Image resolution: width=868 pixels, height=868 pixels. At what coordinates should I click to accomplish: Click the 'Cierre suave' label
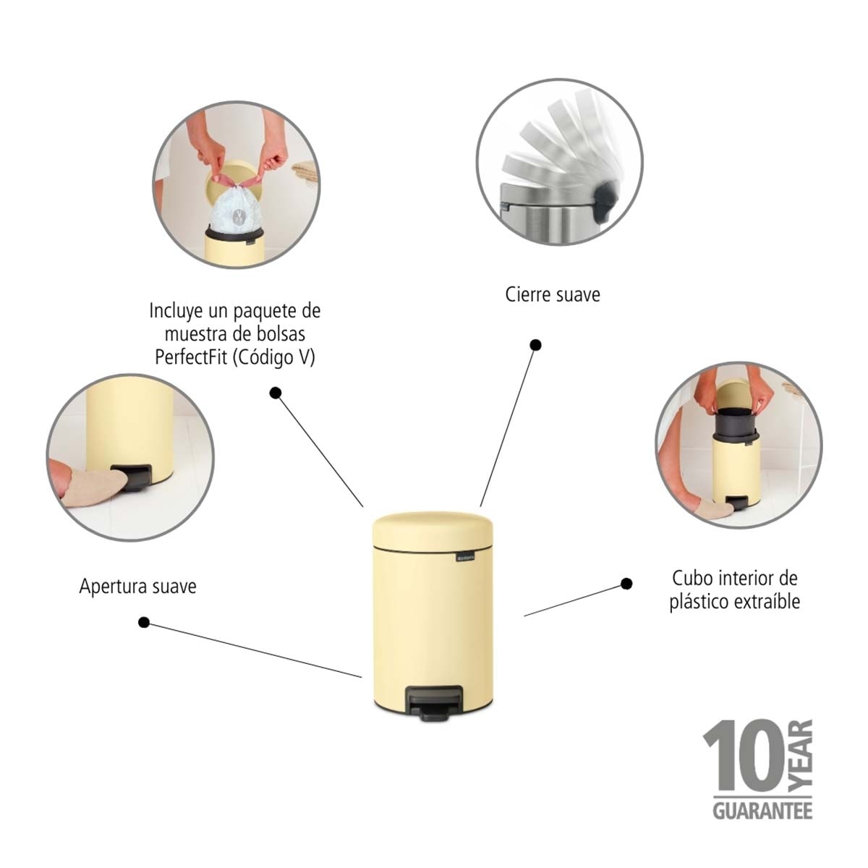tap(553, 294)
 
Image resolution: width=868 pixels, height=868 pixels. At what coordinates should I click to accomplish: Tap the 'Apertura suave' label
tap(138, 587)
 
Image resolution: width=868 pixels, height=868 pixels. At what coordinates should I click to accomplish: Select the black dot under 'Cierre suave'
tap(535, 345)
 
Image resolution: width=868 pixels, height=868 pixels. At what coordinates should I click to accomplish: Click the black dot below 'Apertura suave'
tap(144, 623)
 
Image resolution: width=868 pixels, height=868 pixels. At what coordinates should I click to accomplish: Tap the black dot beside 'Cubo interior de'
tap(626, 584)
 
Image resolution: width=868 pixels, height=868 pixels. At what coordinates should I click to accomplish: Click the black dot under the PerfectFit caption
tap(276, 393)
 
